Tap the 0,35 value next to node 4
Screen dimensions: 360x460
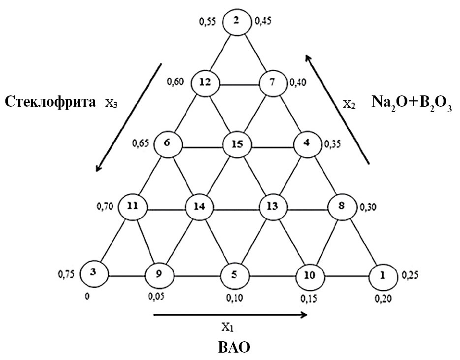coord(334,146)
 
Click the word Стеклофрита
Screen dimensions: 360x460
coord(51,102)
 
